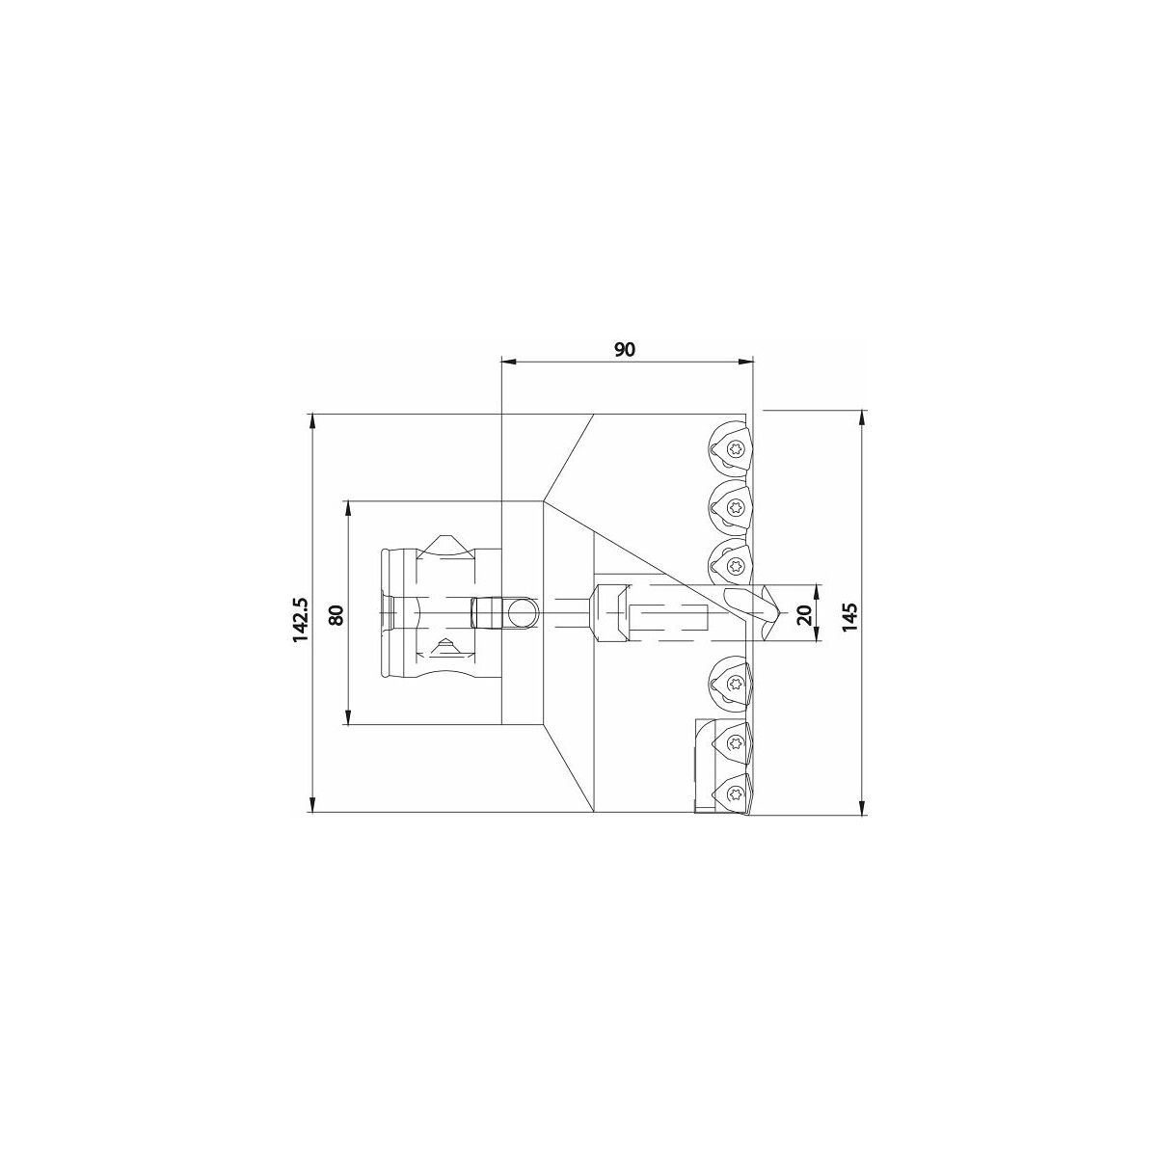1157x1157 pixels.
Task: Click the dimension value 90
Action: click(625, 349)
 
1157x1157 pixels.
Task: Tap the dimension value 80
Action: click(336, 615)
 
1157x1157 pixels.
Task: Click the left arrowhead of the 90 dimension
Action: click(508, 362)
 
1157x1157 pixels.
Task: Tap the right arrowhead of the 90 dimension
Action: click(745, 362)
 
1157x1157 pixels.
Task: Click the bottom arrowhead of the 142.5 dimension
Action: click(312, 804)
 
